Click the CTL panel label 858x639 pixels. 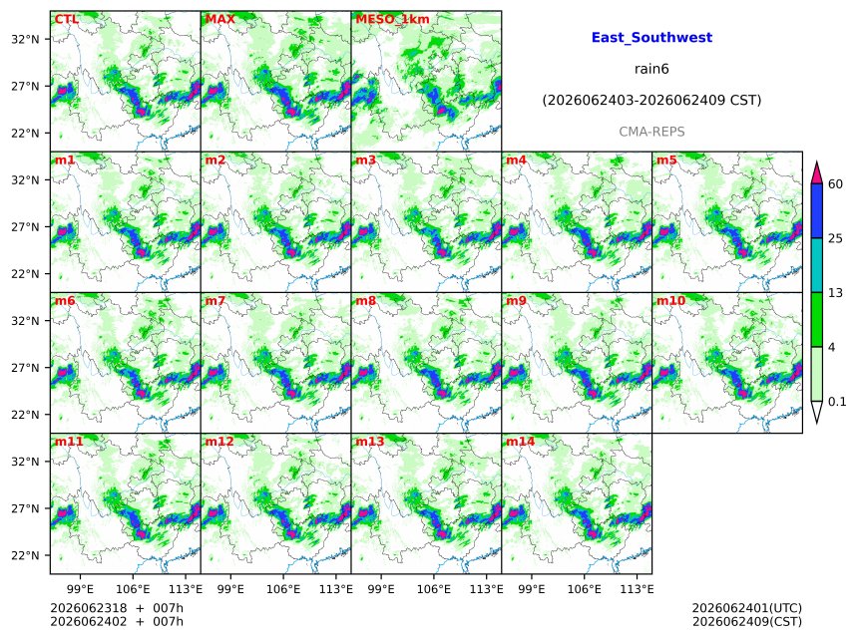[66, 19]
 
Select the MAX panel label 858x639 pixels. [219, 19]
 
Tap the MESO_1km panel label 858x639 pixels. [392, 19]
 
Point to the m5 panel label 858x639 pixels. [666, 160]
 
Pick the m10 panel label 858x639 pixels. [670, 301]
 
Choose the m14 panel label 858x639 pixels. [520, 442]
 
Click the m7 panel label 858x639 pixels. [215, 301]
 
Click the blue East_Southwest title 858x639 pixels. [651, 37]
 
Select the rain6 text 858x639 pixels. [651, 69]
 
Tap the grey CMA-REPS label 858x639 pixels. [651, 132]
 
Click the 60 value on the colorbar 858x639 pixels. [835, 183]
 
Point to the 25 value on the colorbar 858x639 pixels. [835, 238]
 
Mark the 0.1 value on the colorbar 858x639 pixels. [837, 402]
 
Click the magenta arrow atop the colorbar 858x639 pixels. [816, 173]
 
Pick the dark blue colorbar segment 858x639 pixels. [816, 211]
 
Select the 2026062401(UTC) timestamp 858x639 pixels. [747, 608]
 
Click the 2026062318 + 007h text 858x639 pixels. [117, 608]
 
